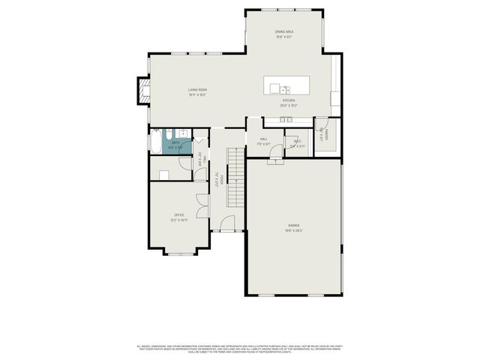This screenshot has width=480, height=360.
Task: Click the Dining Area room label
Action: pyautogui.click(x=284, y=31)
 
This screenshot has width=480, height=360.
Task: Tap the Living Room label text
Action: pyautogui.click(x=197, y=90)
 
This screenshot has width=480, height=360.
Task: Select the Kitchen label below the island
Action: pyautogui.click(x=289, y=100)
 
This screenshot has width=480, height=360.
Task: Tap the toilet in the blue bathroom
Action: pyautogui.click(x=182, y=133)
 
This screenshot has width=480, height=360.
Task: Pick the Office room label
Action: pyautogui.click(x=179, y=214)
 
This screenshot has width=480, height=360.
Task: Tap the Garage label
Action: pyautogui.click(x=293, y=225)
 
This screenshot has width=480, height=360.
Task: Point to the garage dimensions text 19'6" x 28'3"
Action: pyautogui.click(x=293, y=230)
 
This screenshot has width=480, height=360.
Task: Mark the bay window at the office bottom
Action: pyautogui.click(x=180, y=253)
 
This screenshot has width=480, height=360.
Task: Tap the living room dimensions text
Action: pyautogui.click(x=197, y=95)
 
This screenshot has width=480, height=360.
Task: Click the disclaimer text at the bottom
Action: pyautogui.click(x=240, y=349)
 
